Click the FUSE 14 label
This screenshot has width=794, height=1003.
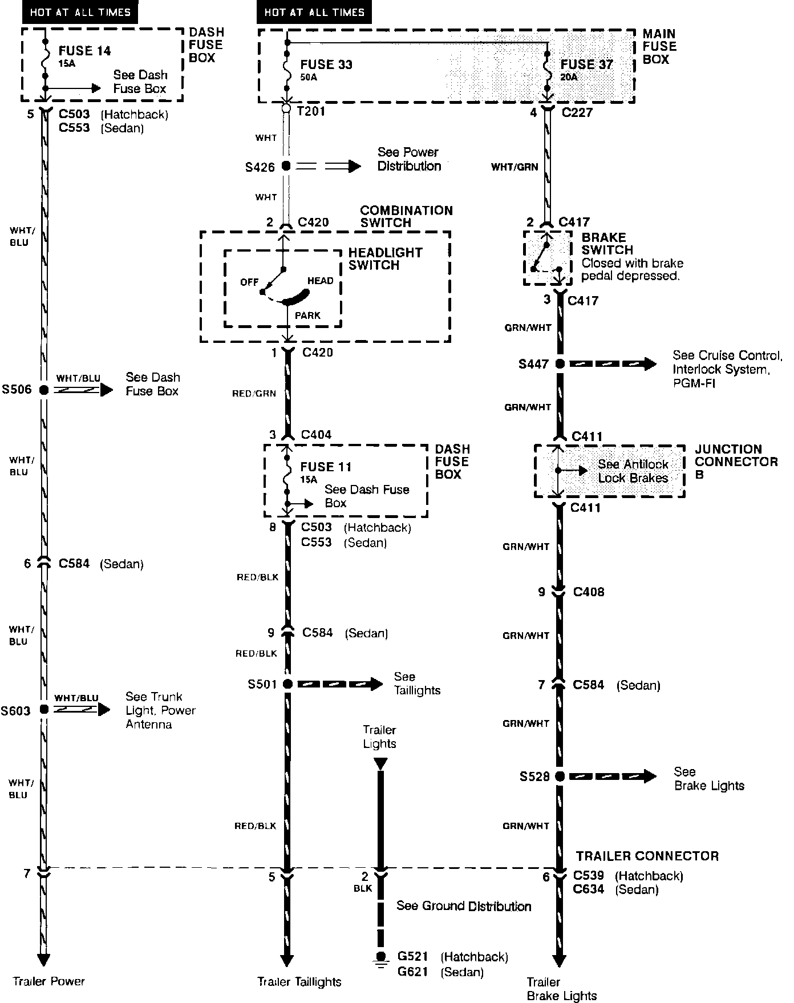pos(84,51)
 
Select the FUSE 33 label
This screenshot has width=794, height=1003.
pos(326,64)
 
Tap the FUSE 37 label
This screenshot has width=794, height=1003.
pos(586,64)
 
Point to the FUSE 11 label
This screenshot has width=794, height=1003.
pos(326,467)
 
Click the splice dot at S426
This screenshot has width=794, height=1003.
pos(286,167)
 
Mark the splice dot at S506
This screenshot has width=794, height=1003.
pos(43,390)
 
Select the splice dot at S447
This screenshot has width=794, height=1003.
pos(560,363)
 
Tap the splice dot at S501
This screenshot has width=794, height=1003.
pos(287,684)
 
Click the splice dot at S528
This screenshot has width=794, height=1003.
pos(560,776)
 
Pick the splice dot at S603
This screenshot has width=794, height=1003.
pos(43,710)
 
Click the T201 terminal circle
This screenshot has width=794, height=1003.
pos(286,107)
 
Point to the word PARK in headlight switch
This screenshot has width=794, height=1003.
pos(307,316)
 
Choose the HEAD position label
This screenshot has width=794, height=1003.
pos(320,281)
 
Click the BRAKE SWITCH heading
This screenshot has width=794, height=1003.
pos(607,244)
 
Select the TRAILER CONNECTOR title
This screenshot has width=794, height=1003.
pos(647,856)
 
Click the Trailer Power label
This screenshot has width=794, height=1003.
pos(48,981)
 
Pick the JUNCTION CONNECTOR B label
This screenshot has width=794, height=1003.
pos(736,462)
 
